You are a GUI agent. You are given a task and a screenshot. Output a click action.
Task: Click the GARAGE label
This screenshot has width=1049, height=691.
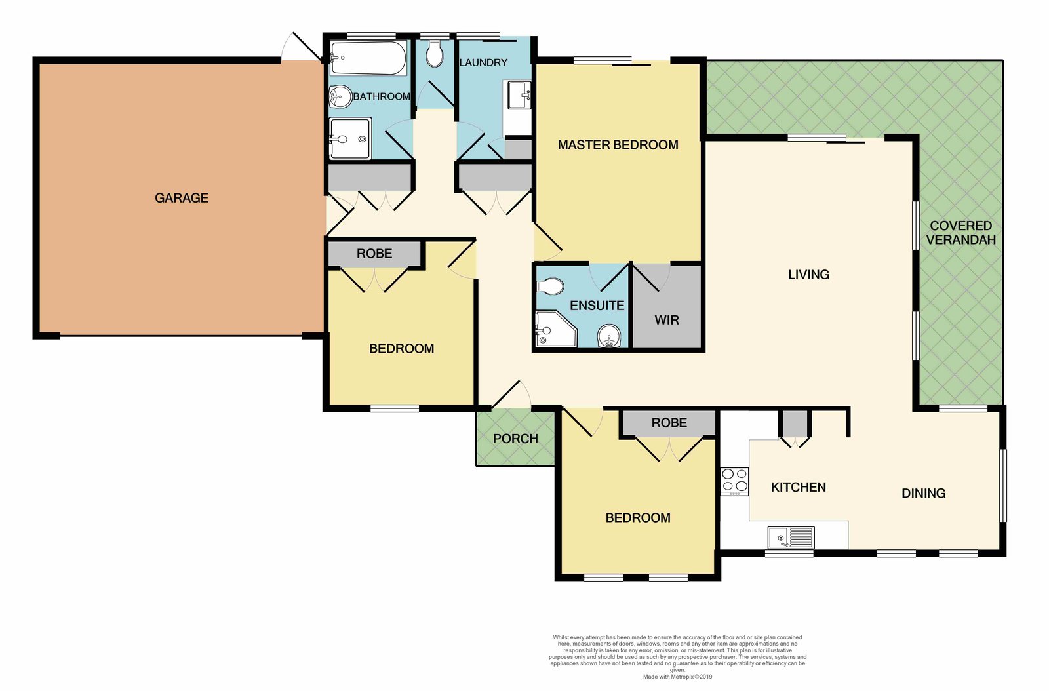pos(181,198)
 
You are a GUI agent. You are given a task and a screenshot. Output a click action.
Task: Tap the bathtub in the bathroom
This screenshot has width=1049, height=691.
pos(368,58)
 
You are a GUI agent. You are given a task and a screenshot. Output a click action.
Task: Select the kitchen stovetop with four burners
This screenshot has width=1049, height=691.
pos(735,481)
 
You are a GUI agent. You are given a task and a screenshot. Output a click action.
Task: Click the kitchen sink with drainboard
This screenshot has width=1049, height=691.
pos(791,537)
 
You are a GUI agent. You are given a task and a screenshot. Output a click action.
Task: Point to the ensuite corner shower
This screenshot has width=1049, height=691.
pos(556,328)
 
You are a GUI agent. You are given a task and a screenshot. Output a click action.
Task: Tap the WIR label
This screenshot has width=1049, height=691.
pos(666,320)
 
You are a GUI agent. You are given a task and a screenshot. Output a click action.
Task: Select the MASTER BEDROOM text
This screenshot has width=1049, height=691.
pos(618,145)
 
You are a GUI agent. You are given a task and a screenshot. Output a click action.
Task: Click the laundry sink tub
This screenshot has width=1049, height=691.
pos(519,95)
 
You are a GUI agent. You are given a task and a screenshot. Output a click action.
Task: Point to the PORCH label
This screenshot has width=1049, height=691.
pos(515,439)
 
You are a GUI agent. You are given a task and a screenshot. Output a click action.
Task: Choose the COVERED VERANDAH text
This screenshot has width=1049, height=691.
pos(961,233)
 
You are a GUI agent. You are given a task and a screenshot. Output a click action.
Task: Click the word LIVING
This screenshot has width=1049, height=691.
pos(808,274)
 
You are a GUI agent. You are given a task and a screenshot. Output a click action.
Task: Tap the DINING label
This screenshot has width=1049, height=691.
pos(924,493)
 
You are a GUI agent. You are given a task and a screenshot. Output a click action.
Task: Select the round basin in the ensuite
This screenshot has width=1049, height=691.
pos(609,336)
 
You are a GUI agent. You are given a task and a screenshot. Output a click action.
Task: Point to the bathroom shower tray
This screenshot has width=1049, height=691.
pos(350,138)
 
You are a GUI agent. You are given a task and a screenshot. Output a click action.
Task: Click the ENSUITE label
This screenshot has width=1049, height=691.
pos(597,306)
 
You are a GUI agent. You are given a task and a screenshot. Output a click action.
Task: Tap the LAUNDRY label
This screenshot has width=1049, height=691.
pos(483,62)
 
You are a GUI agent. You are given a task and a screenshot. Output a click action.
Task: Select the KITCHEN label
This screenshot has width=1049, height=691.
pos(798,487)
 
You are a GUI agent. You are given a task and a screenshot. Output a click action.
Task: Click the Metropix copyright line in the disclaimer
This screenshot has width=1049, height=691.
pos(677,677)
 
